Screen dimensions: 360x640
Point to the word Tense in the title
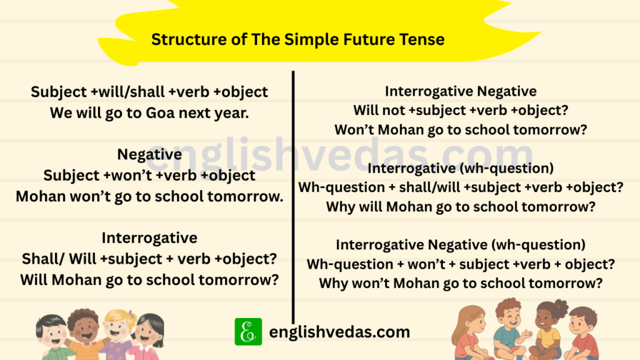point(422,39)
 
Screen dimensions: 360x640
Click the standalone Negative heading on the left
point(149,154)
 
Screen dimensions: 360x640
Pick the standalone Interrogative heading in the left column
point(149,237)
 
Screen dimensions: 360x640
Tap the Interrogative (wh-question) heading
point(461,168)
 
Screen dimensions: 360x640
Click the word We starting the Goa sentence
point(61,113)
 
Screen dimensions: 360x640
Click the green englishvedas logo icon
point(248,331)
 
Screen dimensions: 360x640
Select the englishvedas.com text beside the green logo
point(339,332)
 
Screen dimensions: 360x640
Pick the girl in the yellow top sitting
point(549,328)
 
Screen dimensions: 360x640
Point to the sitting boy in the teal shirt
point(509,328)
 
